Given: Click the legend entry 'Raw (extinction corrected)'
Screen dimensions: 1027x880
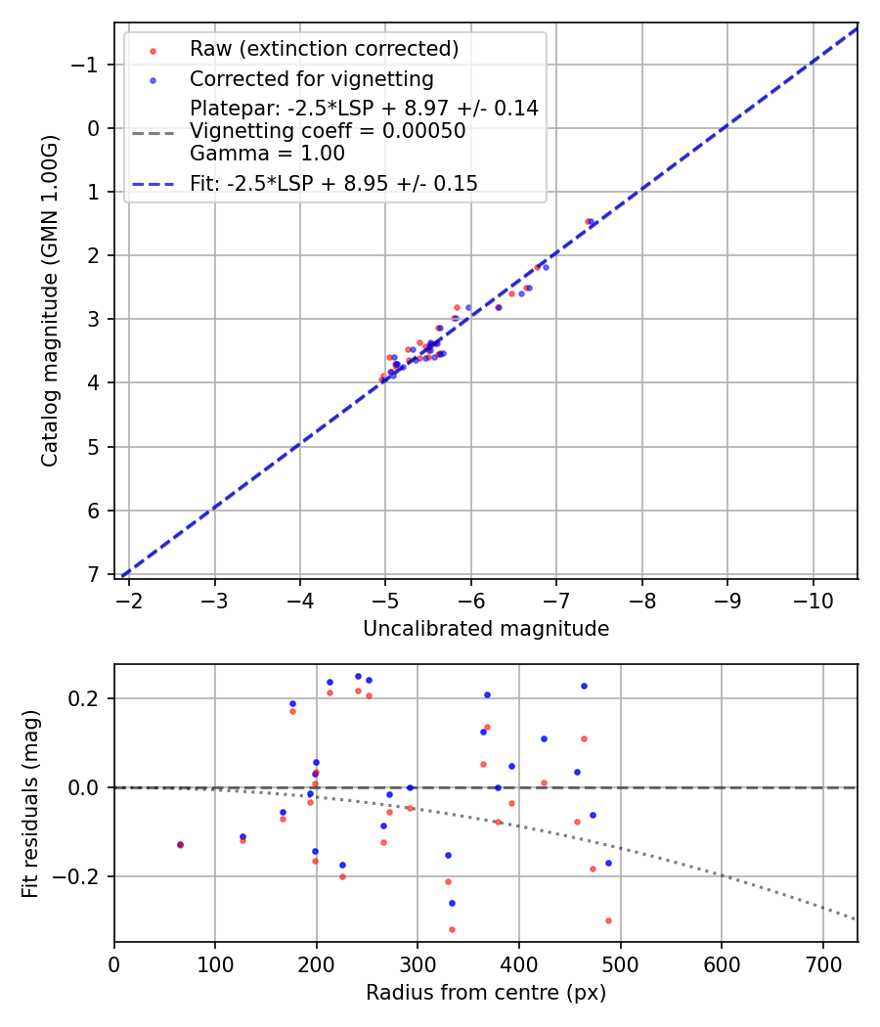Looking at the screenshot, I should [324, 49].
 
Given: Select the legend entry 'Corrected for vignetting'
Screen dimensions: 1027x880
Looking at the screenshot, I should [311, 78].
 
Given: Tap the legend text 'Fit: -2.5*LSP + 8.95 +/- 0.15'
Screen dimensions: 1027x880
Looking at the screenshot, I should [333, 184].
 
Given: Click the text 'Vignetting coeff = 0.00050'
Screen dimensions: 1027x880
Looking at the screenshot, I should [328, 131].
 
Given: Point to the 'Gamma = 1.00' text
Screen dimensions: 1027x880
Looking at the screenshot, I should [267, 154].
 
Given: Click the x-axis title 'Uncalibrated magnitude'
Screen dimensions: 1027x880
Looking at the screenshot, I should [486, 629].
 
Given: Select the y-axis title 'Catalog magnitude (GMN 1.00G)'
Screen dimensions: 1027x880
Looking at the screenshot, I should [50, 300].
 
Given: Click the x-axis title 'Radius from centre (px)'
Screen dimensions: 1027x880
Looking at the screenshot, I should [486, 993].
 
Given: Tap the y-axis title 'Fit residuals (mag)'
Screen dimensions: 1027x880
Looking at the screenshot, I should [30, 802].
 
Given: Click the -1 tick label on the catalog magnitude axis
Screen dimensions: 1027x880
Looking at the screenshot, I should [87, 65].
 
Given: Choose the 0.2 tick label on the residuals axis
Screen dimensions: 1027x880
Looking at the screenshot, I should [86, 698].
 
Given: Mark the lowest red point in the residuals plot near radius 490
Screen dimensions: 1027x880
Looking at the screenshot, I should [608, 920].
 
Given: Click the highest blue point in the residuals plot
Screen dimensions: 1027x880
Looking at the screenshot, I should [358, 676].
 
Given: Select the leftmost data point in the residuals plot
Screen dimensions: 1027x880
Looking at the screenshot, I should [180, 844].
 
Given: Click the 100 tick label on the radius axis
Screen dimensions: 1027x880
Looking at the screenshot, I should [215, 963].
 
